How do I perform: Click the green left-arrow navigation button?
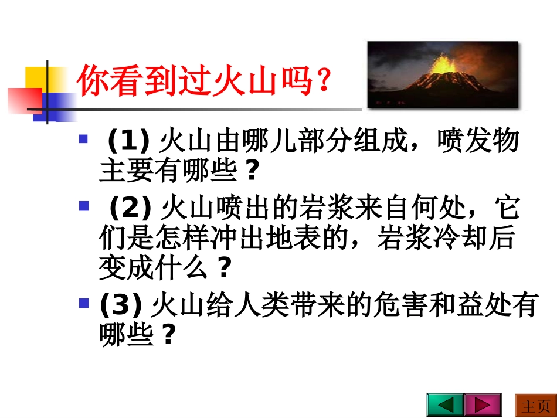[x=445, y=405]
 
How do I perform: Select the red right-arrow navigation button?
[x=483, y=405]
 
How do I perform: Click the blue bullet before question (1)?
[x=83, y=140]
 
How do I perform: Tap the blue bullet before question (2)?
[x=83, y=206]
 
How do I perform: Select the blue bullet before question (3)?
[x=83, y=303]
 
